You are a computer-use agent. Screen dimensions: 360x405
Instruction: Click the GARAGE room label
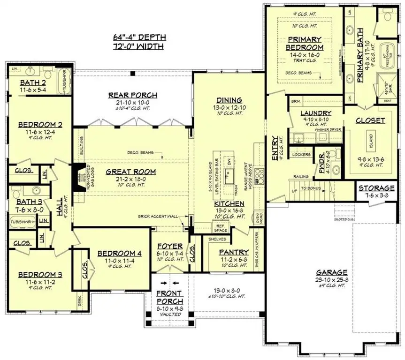pyautogui.click(x=331, y=272)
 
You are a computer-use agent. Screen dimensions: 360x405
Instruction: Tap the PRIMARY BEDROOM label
pyautogui.click(x=305, y=44)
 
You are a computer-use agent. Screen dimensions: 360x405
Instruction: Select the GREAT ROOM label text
pyautogui.click(x=130, y=172)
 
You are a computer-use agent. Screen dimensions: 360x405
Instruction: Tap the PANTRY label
pyautogui.click(x=234, y=252)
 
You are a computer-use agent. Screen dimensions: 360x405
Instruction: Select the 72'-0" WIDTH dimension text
pyautogui.click(x=139, y=47)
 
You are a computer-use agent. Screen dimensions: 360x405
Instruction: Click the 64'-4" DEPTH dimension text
pyautogui.click(x=139, y=37)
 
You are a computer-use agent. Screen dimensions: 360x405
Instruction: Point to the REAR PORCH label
pyautogui.click(x=133, y=95)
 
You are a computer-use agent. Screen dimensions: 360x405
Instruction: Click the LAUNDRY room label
pyautogui.click(x=316, y=113)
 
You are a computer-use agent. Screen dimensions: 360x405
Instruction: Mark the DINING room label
pyautogui.click(x=229, y=100)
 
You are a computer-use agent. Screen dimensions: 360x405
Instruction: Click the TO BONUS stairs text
pyautogui.click(x=311, y=187)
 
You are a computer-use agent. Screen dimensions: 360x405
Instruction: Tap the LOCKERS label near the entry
pyautogui.click(x=302, y=154)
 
